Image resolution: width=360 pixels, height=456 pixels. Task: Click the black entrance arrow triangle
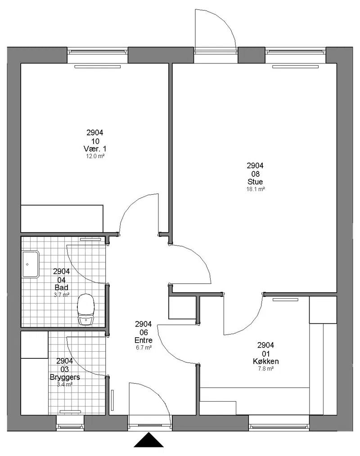point(148,440)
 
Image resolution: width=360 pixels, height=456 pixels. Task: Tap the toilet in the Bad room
point(86,309)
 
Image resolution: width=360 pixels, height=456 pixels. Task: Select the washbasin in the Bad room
point(31,264)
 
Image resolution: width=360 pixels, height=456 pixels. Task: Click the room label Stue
point(255,182)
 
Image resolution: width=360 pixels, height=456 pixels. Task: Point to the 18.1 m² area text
point(256,189)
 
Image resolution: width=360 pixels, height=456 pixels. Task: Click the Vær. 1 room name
point(95,149)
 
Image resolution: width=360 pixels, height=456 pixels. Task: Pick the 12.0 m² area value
point(95,156)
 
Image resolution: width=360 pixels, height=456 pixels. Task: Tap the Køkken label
point(265,362)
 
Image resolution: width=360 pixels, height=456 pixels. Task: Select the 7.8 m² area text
point(265,369)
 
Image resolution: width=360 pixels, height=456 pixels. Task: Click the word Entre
point(144,340)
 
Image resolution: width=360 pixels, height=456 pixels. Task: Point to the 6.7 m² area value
point(144,348)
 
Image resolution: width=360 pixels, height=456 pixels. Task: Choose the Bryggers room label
point(65,377)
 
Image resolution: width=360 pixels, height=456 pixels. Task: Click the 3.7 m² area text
point(61,295)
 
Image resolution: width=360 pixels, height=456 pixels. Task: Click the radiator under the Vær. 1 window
point(98,67)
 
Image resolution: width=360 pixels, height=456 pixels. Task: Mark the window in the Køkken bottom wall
point(279,423)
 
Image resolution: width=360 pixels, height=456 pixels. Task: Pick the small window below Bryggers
point(70,423)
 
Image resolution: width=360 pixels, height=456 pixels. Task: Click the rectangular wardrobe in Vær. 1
point(62,219)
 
